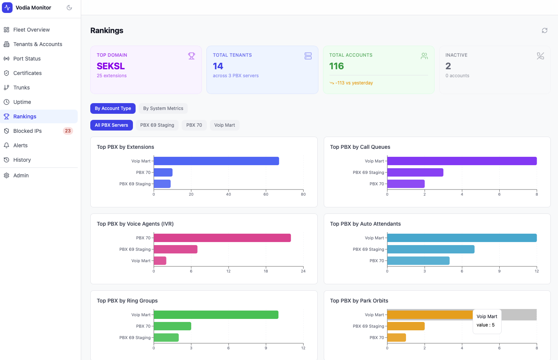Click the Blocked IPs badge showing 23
click(x=68, y=131)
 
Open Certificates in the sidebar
click(x=27, y=73)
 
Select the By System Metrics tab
click(x=163, y=108)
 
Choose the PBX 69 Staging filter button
click(x=157, y=125)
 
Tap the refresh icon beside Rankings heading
click(x=545, y=30)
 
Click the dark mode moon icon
click(x=69, y=8)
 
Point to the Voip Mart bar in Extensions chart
click(x=216, y=161)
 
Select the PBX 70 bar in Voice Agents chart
click(x=222, y=238)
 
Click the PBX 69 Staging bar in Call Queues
click(x=415, y=172)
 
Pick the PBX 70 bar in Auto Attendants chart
click(x=418, y=261)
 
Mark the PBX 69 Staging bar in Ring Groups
click(x=166, y=338)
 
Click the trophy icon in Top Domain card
click(x=192, y=56)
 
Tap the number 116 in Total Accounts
click(x=337, y=66)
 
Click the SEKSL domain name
click(x=111, y=66)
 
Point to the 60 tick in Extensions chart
click(x=266, y=194)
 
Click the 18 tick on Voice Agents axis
click(x=266, y=271)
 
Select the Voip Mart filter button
click(x=224, y=125)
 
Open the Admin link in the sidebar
click(x=21, y=175)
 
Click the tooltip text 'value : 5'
click(x=486, y=325)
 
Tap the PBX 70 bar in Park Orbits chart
click(x=397, y=338)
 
